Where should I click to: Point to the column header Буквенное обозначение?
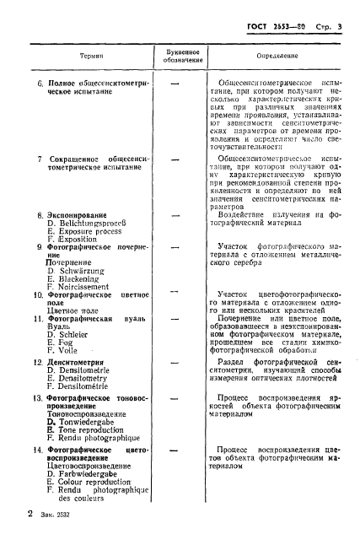(178, 55)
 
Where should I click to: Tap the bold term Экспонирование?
(80, 216)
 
